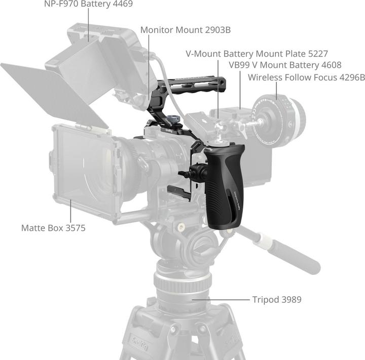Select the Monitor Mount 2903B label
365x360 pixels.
pyautogui.click(x=185, y=30)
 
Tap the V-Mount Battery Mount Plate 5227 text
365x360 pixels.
pyautogui.click(x=257, y=53)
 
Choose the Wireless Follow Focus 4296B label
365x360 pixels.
pyautogui.click(x=306, y=78)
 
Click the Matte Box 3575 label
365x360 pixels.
pyautogui.click(x=53, y=228)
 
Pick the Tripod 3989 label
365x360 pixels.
pyautogui.click(x=276, y=300)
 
